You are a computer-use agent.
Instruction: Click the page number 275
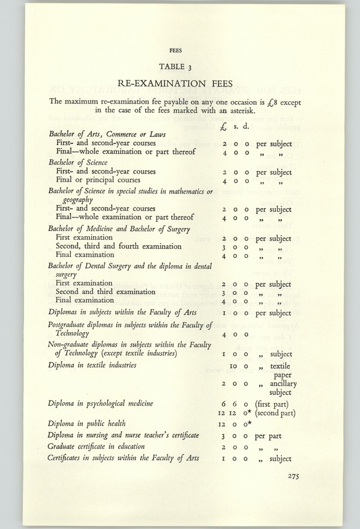click(298, 477)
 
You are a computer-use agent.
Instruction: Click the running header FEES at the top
click(175, 50)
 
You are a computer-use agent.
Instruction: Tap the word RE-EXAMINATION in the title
click(159, 83)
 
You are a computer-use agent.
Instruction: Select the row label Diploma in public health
click(87, 423)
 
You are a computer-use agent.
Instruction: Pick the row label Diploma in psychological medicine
click(101, 403)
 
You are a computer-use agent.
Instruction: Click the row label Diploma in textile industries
click(92, 365)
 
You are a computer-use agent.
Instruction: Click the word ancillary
click(284, 384)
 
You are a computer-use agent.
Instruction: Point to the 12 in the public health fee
click(223, 424)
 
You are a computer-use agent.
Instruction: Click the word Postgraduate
click(72, 325)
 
